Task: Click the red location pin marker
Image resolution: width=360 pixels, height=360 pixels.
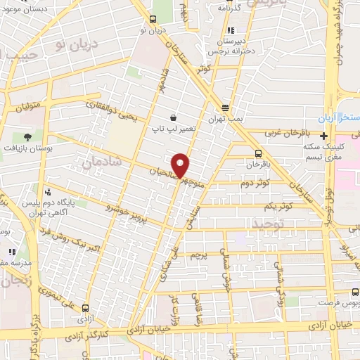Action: click(181, 165)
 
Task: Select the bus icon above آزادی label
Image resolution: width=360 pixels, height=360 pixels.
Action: click(86, 308)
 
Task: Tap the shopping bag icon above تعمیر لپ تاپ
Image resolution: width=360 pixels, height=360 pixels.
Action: click(172, 117)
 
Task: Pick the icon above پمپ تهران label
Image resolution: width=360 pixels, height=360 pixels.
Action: click(225, 108)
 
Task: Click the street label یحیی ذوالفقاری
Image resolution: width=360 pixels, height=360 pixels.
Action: click(109, 108)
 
